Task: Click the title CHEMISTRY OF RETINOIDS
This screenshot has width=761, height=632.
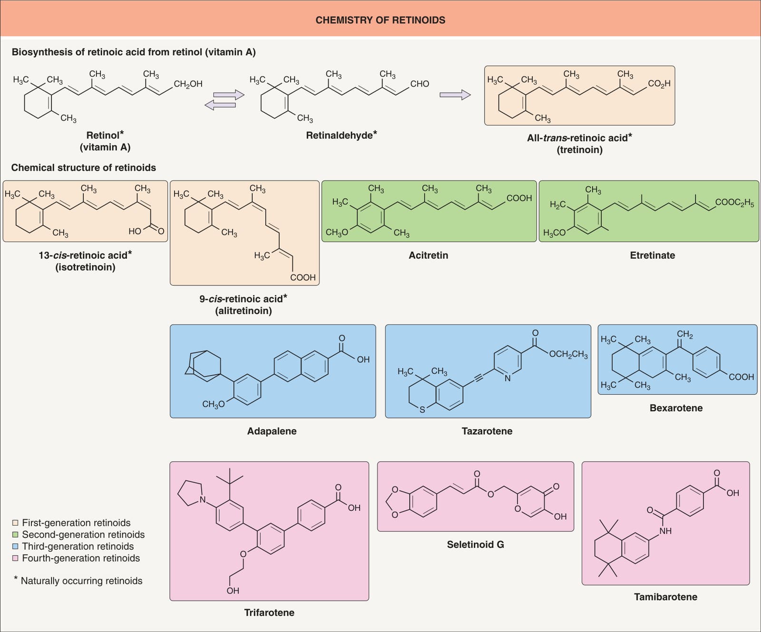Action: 380,20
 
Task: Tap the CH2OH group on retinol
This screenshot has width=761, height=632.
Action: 188,84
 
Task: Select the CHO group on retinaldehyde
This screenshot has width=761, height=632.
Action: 420,84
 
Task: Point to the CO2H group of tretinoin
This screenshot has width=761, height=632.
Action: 659,84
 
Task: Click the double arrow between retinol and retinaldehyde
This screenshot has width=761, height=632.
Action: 224,100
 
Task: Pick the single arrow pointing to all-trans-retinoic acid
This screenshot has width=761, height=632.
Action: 455,95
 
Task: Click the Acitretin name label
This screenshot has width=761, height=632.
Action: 429,255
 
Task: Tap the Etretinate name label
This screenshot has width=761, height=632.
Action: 653,255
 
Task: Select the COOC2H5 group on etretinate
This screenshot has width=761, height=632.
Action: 735,203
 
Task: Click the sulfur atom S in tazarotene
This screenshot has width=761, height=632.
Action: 422,410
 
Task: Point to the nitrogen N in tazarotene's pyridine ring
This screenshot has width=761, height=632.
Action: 507,379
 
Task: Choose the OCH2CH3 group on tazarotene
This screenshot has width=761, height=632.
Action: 568,355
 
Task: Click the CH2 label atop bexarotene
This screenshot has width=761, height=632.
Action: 685,335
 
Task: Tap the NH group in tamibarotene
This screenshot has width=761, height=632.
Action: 665,531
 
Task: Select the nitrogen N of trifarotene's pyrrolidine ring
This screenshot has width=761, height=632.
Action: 203,500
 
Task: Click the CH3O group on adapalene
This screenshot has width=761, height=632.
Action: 213,405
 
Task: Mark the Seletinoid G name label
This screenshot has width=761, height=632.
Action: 476,544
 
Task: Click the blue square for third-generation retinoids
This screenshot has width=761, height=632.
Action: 15,546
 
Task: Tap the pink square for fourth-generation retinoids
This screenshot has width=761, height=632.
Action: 15,558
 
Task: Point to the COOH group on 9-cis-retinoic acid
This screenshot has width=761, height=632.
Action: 303,277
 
